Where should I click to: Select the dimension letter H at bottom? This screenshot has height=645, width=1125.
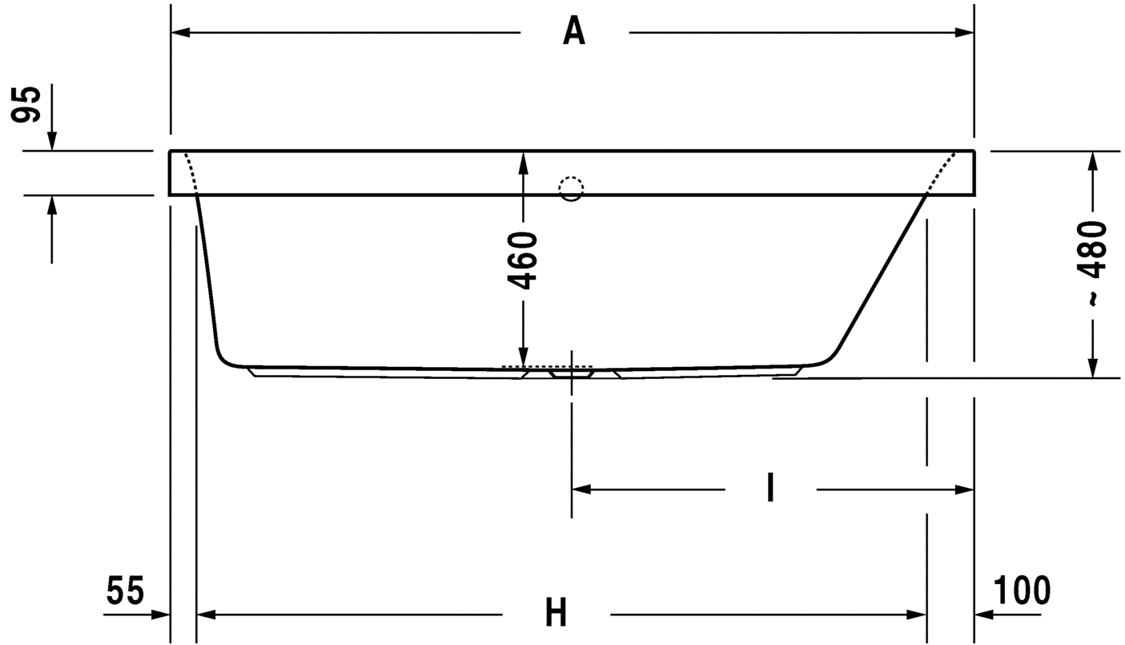click(556, 612)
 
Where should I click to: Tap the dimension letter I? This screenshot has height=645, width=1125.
click(770, 487)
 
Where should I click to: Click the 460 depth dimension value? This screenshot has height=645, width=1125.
click(522, 260)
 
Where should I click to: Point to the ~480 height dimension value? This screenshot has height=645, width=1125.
click(1092, 264)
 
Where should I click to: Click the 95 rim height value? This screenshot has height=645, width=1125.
click(26, 104)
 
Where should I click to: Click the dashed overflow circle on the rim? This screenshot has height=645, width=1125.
click(571, 189)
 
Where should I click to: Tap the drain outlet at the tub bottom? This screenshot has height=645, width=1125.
click(571, 373)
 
